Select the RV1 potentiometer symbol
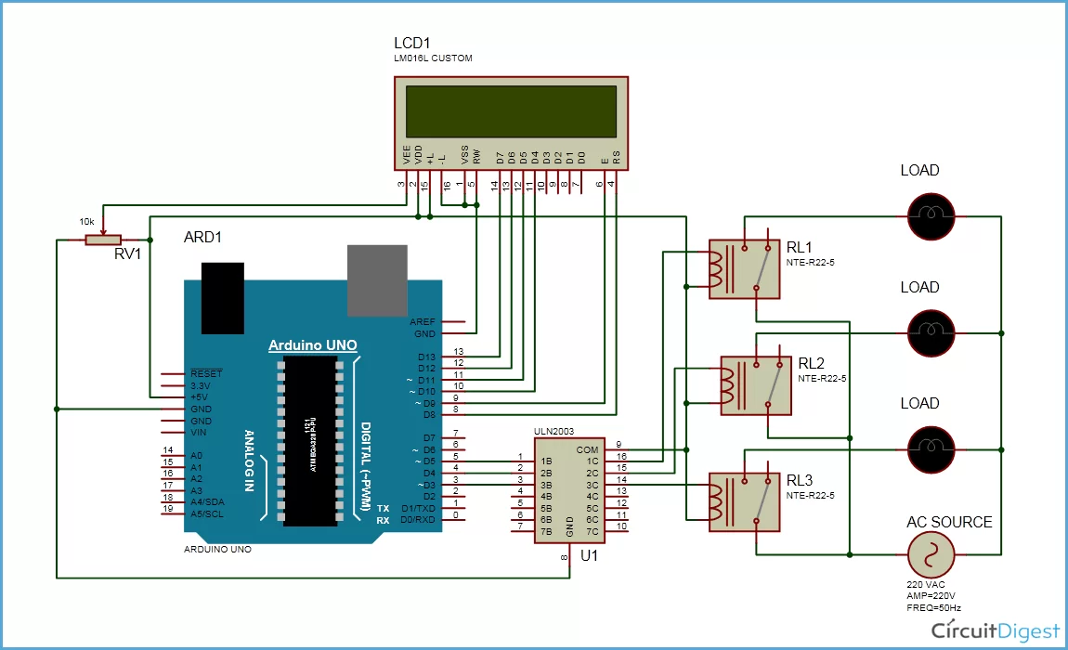click(103, 240)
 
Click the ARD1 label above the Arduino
click(203, 239)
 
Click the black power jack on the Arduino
click(223, 296)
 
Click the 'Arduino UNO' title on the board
click(312, 345)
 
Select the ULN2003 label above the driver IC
click(554, 432)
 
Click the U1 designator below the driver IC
click(588, 556)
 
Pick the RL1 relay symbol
click(742, 269)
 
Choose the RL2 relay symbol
click(756, 385)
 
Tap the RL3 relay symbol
click(743, 502)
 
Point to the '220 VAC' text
click(926, 585)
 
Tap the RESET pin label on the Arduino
click(206, 373)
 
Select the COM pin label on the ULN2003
click(587, 448)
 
